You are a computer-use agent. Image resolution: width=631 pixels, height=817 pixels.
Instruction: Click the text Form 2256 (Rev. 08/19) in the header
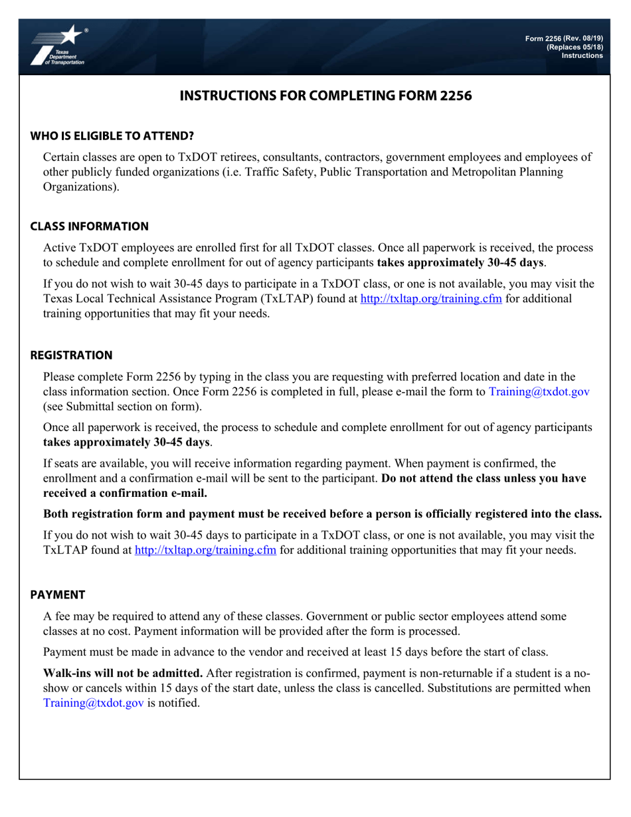(564, 39)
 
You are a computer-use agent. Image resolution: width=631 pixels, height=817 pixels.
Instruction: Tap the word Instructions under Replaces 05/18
(582, 56)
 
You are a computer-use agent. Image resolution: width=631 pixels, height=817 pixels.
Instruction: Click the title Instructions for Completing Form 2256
(325, 96)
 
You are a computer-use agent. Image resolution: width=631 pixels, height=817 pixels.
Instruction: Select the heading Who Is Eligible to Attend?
(112, 136)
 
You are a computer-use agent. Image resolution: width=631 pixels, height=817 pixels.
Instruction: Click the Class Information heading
(89, 227)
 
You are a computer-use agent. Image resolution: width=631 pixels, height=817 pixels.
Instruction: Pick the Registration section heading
(71, 355)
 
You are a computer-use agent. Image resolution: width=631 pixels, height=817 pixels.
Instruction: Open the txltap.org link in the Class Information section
(430, 299)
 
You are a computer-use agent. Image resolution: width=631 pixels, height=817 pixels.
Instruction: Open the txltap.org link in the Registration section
(205, 550)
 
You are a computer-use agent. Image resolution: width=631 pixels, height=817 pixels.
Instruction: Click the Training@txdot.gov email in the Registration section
(539, 392)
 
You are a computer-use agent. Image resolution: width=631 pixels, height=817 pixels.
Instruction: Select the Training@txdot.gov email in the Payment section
(94, 703)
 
